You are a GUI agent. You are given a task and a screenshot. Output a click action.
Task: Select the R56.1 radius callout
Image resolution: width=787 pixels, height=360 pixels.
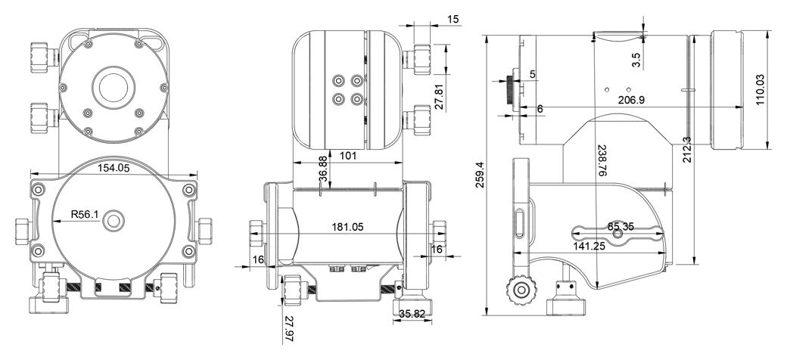[x=85, y=215]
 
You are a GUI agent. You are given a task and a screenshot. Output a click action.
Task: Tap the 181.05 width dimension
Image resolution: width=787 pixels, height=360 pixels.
[x=348, y=226]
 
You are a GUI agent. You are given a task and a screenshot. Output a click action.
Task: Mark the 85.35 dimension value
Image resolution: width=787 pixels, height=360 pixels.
[x=623, y=227]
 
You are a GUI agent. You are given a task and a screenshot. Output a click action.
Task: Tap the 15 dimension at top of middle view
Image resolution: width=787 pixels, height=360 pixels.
[x=453, y=17]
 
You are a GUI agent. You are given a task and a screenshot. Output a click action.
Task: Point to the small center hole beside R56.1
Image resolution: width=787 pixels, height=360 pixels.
[x=115, y=220]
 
